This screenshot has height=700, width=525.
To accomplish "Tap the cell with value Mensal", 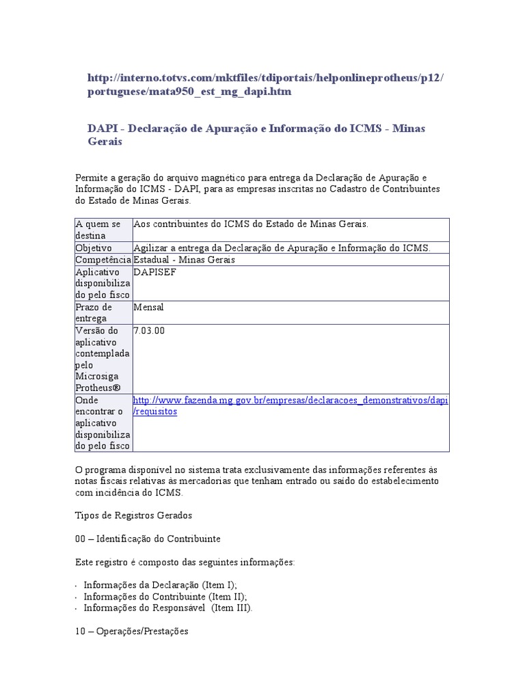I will pyautogui.click(x=149, y=308).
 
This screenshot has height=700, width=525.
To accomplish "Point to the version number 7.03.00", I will pyautogui.click(x=149, y=331).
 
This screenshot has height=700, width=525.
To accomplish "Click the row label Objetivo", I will pyautogui.click(x=94, y=247).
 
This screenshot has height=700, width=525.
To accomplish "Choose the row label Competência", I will pyautogui.click(x=103, y=260).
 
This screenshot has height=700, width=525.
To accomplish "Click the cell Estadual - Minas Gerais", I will pyautogui.click(x=185, y=260).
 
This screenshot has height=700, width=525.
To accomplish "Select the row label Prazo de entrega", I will pyautogui.click(x=94, y=313).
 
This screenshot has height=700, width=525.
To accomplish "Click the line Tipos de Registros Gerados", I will pyautogui.click(x=134, y=515).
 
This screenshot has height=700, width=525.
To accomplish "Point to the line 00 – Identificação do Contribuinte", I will pyautogui.click(x=148, y=539).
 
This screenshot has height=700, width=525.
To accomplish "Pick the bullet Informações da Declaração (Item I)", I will pyautogui.click(x=161, y=585).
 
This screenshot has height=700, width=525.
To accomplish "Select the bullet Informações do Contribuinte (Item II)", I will pyautogui.click(x=165, y=596).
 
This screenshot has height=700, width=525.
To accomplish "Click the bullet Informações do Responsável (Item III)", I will pyautogui.click(x=167, y=608).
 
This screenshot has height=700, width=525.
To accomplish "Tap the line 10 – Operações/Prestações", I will pyautogui.click(x=131, y=632).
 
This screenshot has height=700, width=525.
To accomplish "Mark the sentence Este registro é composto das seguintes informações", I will pyautogui.click(x=185, y=562).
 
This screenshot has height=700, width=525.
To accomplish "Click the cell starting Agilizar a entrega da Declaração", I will pyautogui.click(x=282, y=247).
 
